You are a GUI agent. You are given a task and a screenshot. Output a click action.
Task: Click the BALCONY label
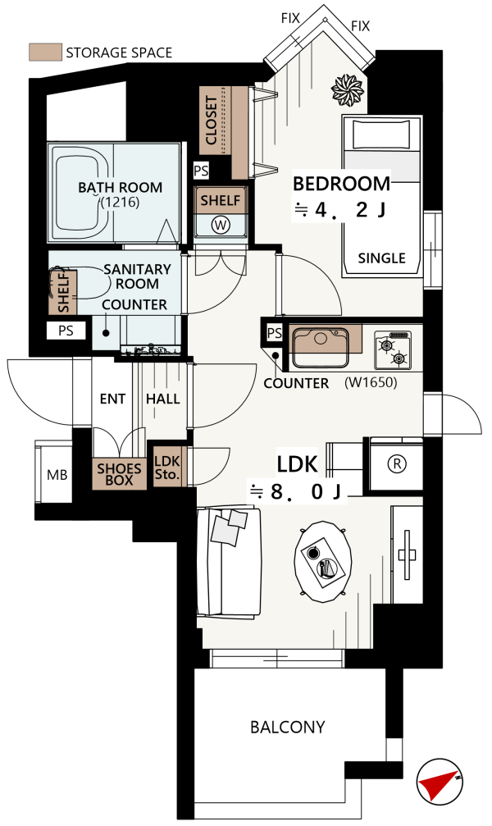click(287, 727)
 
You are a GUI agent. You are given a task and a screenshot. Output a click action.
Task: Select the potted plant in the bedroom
click(347, 89)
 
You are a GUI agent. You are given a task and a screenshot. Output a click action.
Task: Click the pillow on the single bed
click(381, 135)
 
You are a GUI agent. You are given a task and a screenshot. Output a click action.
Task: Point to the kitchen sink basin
click(321, 347)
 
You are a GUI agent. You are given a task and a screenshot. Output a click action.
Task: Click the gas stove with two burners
click(393, 349)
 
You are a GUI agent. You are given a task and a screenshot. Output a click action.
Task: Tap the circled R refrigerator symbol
click(397, 463)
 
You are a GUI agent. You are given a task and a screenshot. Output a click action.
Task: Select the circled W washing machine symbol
click(221, 226)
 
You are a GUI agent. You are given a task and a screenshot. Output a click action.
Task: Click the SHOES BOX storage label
click(119, 474)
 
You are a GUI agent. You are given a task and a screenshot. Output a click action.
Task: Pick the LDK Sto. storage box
click(167, 467)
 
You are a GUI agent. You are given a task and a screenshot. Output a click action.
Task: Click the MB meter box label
click(57, 475)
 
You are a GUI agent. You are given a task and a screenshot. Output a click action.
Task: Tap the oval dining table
click(323, 562)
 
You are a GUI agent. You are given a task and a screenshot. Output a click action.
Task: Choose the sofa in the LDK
click(229, 562)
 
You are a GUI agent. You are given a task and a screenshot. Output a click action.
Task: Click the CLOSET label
click(212, 120)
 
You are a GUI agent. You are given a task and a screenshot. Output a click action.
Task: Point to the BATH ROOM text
click(120, 188)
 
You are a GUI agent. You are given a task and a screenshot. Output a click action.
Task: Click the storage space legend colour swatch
click(45, 52)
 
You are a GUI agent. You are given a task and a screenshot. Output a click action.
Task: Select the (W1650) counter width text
click(371, 382)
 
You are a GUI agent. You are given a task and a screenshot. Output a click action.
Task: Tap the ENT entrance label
click(112, 399)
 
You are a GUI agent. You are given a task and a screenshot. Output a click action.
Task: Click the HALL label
click(163, 399)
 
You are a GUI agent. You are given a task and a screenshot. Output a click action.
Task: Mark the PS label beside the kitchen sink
click(275, 333)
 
